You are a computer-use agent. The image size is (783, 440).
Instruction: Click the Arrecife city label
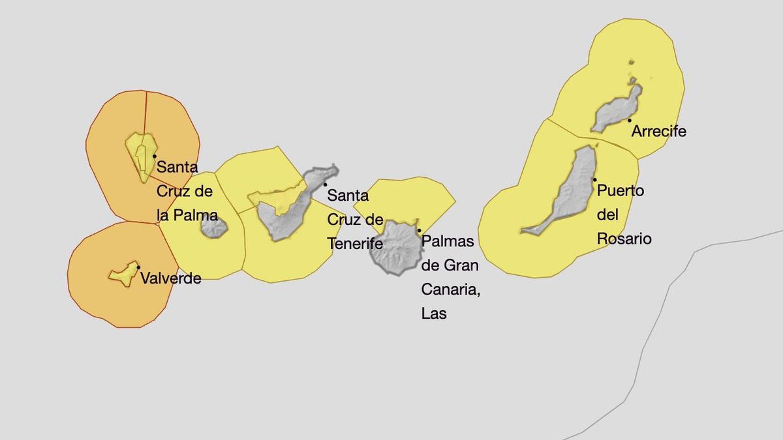(x=658, y=131)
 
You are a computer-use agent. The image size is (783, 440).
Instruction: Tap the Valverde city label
(x=170, y=278)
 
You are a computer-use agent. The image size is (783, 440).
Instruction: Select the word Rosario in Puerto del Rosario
(x=624, y=239)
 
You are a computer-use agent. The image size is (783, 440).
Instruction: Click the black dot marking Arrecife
(x=630, y=120)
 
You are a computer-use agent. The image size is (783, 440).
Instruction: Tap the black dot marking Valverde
(x=138, y=267)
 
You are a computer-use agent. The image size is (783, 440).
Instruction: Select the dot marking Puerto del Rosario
(x=594, y=180)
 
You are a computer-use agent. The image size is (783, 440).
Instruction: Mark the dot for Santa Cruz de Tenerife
(x=325, y=184)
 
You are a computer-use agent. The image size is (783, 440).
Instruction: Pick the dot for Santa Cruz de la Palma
(x=154, y=156)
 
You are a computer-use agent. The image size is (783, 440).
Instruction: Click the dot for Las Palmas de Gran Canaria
(x=419, y=230)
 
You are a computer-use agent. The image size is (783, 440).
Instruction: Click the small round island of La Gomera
(x=213, y=227)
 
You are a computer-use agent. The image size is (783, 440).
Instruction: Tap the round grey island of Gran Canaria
(x=395, y=248)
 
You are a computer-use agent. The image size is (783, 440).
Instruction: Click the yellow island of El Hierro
(x=123, y=274)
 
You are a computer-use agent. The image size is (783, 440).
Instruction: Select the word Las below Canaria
(x=434, y=313)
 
